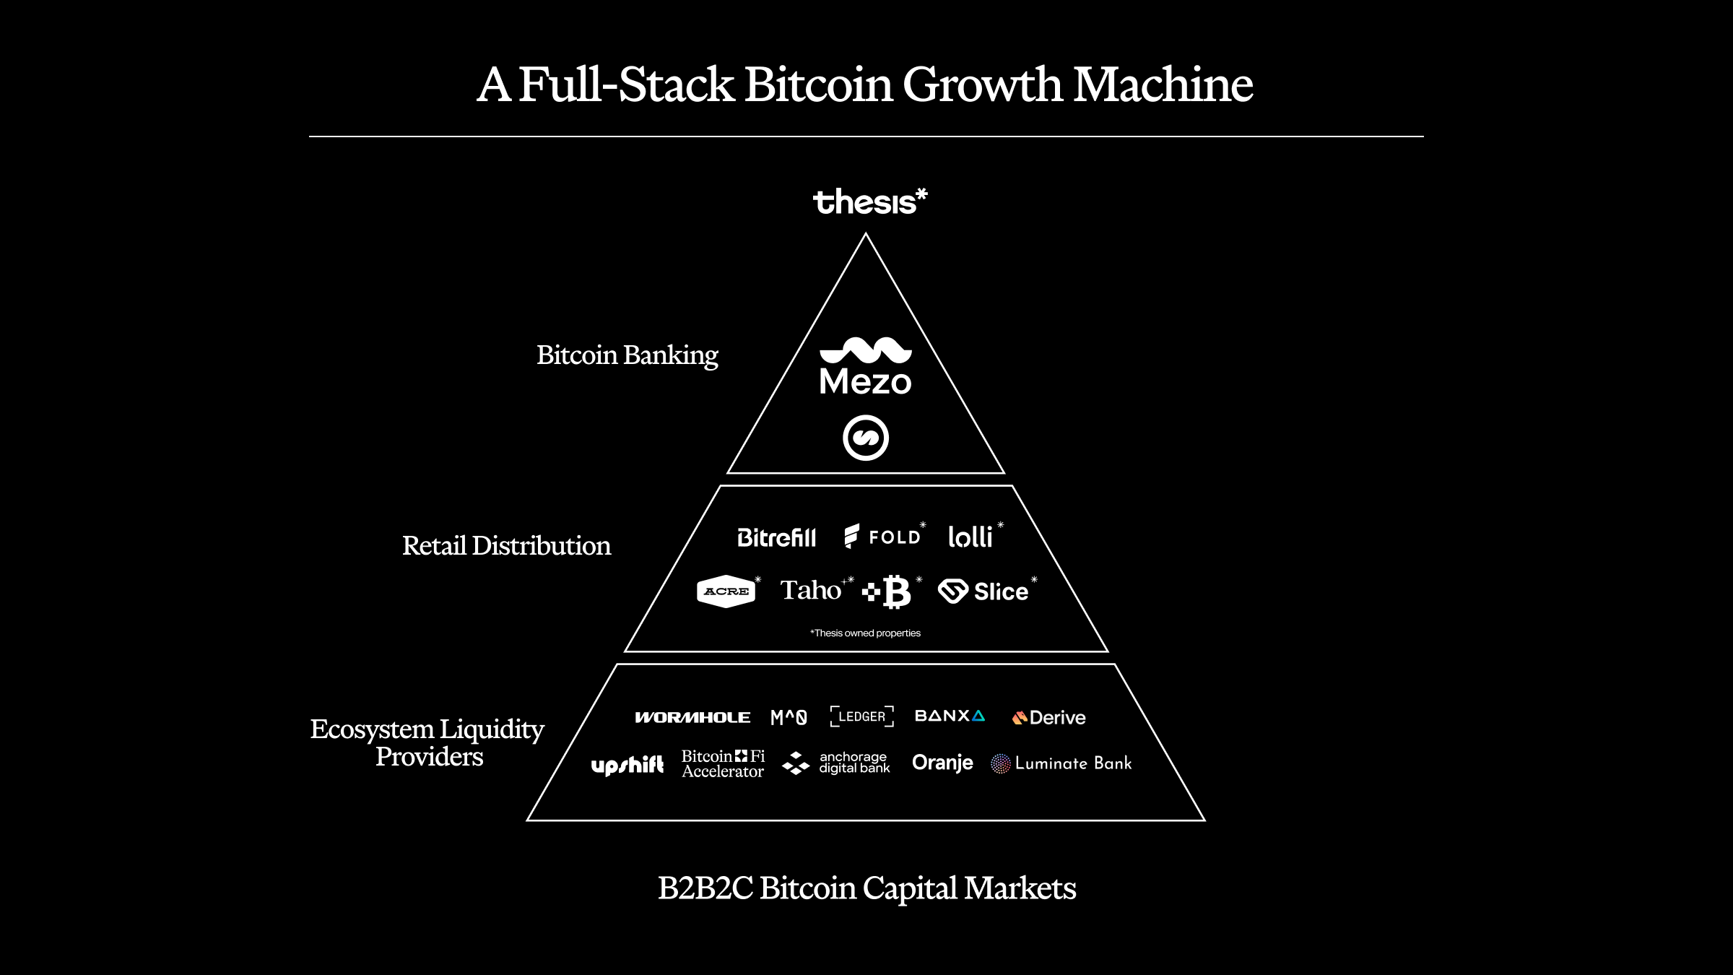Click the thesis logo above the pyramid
pyautogui.click(x=869, y=201)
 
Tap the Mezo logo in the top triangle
pyautogui.click(x=866, y=367)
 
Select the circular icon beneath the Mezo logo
pyautogui.click(x=866, y=438)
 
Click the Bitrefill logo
pyautogui.click(x=776, y=537)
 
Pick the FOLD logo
pyautogui.click(x=883, y=537)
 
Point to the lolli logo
pyautogui.click(x=970, y=537)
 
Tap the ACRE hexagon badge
pyautogui.click(x=726, y=591)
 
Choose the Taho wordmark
pyautogui.click(x=811, y=590)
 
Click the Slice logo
pyautogui.click(x=983, y=591)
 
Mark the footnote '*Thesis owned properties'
pyautogui.click(x=866, y=633)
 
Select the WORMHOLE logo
pyautogui.click(x=692, y=717)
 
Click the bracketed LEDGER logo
pyautogui.click(x=862, y=716)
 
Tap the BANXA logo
pyautogui.click(x=950, y=716)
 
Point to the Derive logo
pyautogui.click(x=1049, y=717)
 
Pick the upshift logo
pyautogui.click(x=627, y=765)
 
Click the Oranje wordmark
pyautogui.click(x=942, y=763)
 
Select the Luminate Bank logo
pyautogui.click(x=1061, y=763)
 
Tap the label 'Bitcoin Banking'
pyautogui.click(x=627, y=355)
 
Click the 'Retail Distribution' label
pyautogui.click(x=506, y=546)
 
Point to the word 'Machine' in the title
pyautogui.click(x=1163, y=84)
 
